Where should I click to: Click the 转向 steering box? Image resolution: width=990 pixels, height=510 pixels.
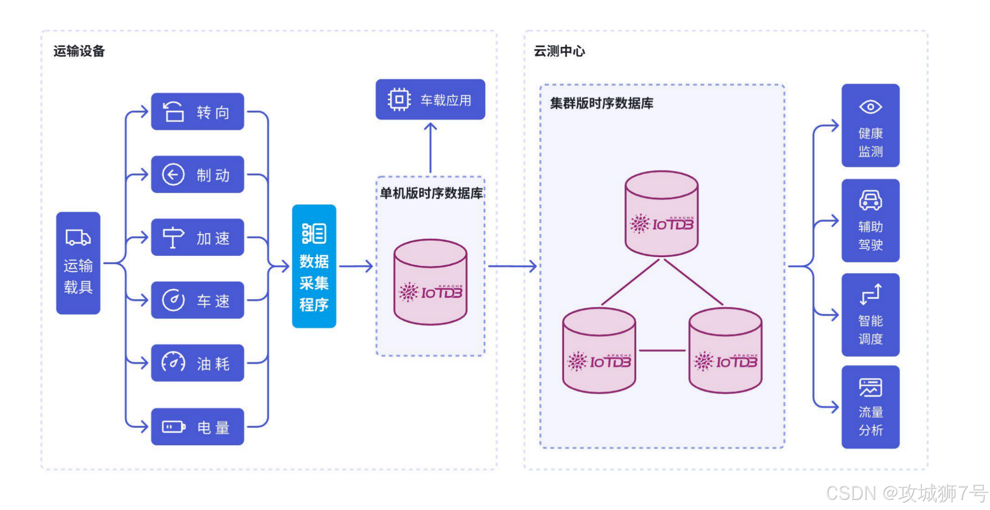coord(197,112)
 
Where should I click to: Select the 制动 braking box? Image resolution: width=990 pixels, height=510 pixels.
coord(197,174)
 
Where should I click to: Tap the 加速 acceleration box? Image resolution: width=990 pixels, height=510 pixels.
coord(197,237)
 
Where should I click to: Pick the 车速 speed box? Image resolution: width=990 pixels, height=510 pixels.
coord(197,300)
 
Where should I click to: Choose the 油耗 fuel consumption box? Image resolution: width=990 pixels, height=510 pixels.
coord(197,363)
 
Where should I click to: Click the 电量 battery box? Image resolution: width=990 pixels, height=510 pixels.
coord(197,426)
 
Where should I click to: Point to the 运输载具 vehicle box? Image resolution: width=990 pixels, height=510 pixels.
coord(78,263)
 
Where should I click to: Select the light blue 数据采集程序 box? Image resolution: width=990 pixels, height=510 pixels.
coord(314,266)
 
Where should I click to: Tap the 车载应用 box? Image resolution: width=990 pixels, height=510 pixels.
coord(430,99)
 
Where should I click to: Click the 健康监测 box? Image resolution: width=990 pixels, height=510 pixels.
coord(870,125)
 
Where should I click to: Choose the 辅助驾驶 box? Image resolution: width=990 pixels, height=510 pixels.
coord(870,220)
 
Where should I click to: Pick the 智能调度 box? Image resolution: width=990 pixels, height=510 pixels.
coord(870,315)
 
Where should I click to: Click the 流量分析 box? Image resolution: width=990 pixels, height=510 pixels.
coord(870,407)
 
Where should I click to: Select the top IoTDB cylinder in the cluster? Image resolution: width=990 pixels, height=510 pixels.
coord(661,213)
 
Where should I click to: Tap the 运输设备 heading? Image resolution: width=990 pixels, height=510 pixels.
coord(79,51)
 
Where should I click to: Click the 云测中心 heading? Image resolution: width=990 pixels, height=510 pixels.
coord(559,51)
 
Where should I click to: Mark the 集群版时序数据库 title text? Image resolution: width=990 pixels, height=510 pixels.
coord(601,103)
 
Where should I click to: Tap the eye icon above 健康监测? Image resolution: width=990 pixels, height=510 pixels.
coord(870,107)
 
